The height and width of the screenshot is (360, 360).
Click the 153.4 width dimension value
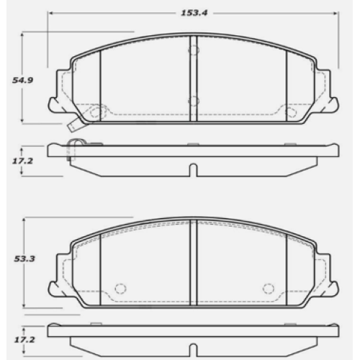click(x=194, y=13)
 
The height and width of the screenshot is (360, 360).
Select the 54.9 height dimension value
click(x=22, y=80)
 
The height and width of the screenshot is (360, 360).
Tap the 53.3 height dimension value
click(x=24, y=259)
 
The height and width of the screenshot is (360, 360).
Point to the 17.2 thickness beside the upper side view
click(x=22, y=161)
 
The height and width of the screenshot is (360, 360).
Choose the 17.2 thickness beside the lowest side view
click(x=24, y=340)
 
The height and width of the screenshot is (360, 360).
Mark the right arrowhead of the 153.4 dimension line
click(x=336, y=13)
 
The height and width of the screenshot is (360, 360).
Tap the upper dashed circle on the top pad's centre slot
click(x=194, y=50)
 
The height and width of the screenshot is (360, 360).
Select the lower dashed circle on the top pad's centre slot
click(x=194, y=102)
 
